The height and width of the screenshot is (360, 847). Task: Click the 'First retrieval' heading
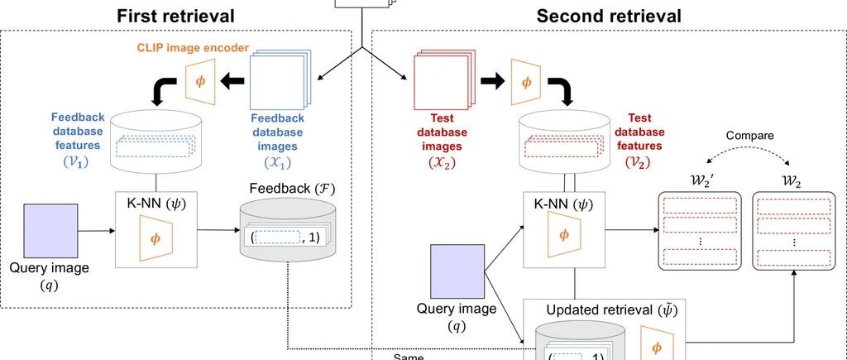[x=175, y=16]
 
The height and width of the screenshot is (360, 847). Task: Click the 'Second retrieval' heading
[x=609, y=16]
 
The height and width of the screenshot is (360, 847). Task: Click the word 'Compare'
[x=749, y=136]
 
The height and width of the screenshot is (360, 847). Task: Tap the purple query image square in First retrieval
[x=50, y=231]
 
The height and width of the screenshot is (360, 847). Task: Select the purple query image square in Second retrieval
[x=457, y=271]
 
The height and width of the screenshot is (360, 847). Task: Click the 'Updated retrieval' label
[x=612, y=310]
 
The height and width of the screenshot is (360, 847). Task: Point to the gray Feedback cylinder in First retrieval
[x=284, y=229]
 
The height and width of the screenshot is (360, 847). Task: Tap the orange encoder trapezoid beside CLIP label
[x=200, y=81]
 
